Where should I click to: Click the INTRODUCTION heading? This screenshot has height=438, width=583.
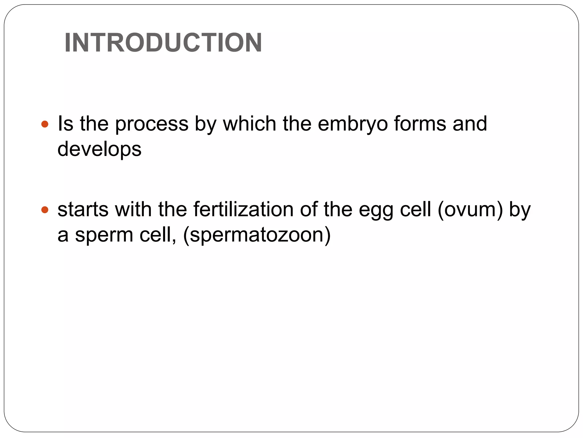[163, 43]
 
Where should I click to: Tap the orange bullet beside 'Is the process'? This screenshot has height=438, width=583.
[45, 124]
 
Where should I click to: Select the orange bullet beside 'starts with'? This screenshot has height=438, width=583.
[45, 210]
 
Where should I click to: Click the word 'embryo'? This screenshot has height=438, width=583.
[353, 124]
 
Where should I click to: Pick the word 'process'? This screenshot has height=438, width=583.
[152, 124]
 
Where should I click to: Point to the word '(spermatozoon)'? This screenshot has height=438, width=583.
[257, 235]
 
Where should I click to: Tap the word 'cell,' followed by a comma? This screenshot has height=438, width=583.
[158, 235]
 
